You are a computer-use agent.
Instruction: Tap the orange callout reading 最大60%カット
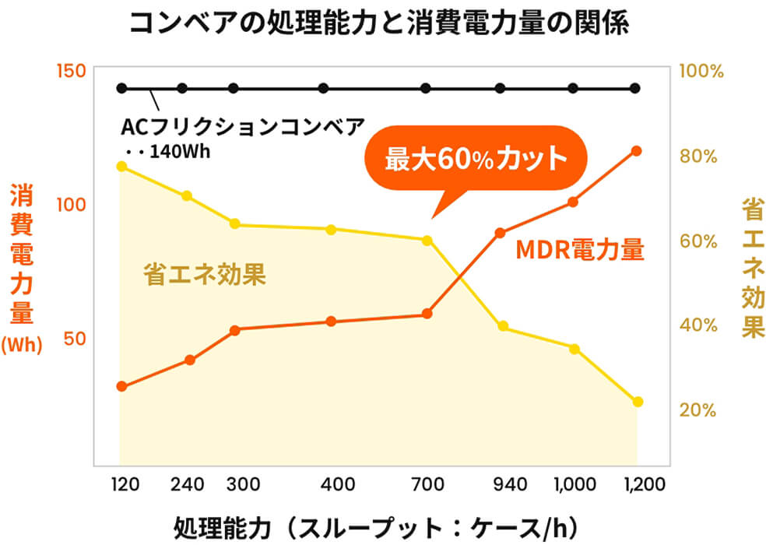coord(476,160)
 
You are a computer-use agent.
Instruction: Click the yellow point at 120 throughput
coord(121,166)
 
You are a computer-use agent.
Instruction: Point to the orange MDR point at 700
coord(427,314)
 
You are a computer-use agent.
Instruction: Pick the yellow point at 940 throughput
coord(503,326)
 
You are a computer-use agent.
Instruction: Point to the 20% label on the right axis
coord(698,410)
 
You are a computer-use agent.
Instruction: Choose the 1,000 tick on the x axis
coord(573,485)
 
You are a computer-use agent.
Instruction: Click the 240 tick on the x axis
coord(187,485)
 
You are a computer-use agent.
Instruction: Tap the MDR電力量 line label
coord(580,250)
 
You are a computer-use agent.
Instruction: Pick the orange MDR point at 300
coord(234,330)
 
